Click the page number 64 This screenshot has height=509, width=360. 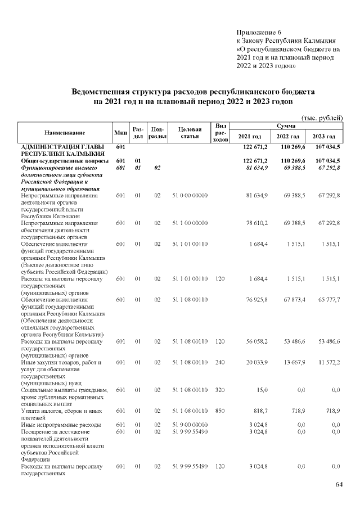pos(339,485)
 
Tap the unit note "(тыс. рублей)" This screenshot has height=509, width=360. pos(322,118)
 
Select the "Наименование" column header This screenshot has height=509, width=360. pos(65,133)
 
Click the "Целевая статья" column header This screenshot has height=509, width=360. pos(190,133)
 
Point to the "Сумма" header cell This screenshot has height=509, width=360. pos(287,127)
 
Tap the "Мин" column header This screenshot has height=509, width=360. pos(120,133)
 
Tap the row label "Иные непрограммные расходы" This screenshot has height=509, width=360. pos(61,424)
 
